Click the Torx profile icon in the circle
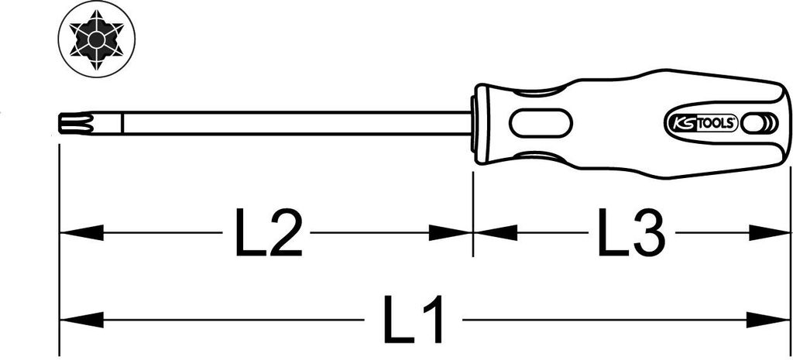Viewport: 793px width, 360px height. [98, 39]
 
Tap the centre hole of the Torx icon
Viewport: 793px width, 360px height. [97, 39]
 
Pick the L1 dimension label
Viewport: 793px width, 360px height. [414, 319]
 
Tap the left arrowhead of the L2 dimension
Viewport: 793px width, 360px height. [81, 233]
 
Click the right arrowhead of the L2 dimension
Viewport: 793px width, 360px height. [450, 233]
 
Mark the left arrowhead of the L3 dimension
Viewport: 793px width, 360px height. [496, 233]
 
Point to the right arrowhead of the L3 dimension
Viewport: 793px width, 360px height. [769, 233]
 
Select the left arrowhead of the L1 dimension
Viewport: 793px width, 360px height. [81, 320]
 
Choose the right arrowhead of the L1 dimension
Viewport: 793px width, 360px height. [769, 320]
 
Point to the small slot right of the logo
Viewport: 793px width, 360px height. [752, 123]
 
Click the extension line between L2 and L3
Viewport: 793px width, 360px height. [473, 214]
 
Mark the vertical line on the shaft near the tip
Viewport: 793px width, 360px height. [122, 123]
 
